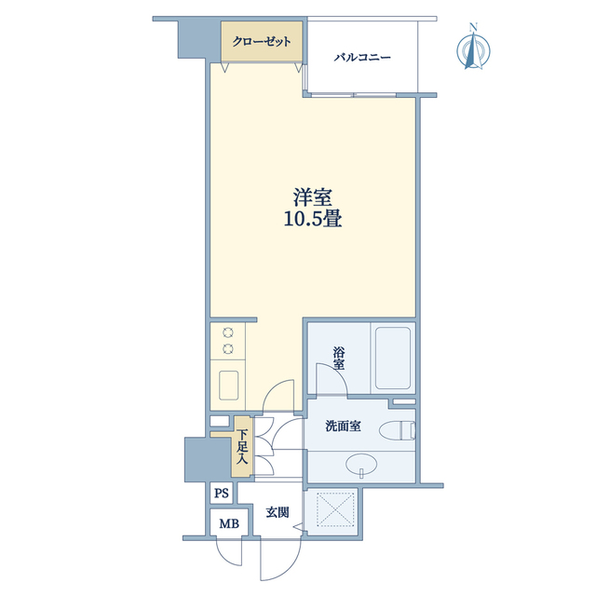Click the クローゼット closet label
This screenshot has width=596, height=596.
pos(262,41)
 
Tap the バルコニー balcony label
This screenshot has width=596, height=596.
pos(362,58)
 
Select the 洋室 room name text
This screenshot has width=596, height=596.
pos(313,197)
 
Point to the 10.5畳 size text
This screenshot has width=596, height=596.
pos(313,219)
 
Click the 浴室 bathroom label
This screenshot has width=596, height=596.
pos(339,358)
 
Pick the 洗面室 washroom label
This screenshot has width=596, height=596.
pos(343,427)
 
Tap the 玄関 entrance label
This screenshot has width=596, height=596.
pos(278,512)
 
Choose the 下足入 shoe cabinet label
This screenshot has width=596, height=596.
pos(242,447)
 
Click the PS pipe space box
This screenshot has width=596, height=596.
pos(222,494)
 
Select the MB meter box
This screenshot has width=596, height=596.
pos(230,523)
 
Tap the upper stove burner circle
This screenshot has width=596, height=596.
pos(228,333)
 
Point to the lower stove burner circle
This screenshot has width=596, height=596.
pos(228,347)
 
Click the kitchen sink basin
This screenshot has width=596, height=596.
pos(229,385)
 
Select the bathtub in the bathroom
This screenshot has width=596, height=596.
pos(393,358)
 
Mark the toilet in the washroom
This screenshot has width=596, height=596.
pos(398,430)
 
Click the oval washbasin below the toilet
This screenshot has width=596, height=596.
pos(361,464)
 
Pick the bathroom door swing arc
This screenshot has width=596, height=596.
pos(336,371)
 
